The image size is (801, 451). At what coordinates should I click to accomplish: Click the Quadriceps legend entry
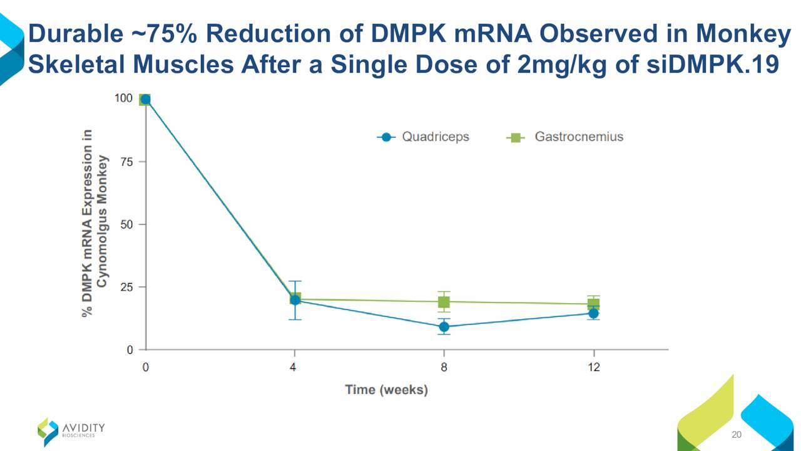pyautogui.click(x=424, y=137)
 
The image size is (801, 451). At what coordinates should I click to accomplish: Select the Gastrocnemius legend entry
pyautogui.click(x=565, y=137)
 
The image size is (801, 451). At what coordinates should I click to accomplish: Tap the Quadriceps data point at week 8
pyautogui.click(x=444, y=326)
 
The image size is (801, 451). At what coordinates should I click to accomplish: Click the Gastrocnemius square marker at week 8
pyautogui.click(x=444, y=302)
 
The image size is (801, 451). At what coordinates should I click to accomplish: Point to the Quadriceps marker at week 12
pyautogui.click(x=593, y=313)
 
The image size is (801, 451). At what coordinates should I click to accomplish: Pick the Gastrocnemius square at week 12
pyautogui.click(x=593, y=304)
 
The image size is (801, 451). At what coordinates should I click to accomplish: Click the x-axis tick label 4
pyautogui.click(x=293, y=368)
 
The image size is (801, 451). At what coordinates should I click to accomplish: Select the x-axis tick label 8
pyautogui.click(x=444, y=368)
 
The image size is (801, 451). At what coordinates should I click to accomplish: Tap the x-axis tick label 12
pyautogui.click(x=593, y=368)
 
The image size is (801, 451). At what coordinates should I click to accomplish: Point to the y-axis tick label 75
pyautogui.click(x=128, y=162)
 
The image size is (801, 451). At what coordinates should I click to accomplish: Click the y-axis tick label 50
pyautogui.click(x=128, y=224)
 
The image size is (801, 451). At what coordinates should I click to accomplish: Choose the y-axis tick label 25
pyautogui.click(x=128, y=287)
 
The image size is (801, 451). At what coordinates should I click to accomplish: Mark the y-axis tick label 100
pyautogui.click(x=124, y=98)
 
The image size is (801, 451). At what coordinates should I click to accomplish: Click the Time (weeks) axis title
pyautogui.click(x=387, y=390)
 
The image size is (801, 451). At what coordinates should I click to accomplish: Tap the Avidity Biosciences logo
pyautogui.click(x=71, y=430)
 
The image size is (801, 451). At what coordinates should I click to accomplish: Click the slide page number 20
pyautogui.click(x=736, y=435)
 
